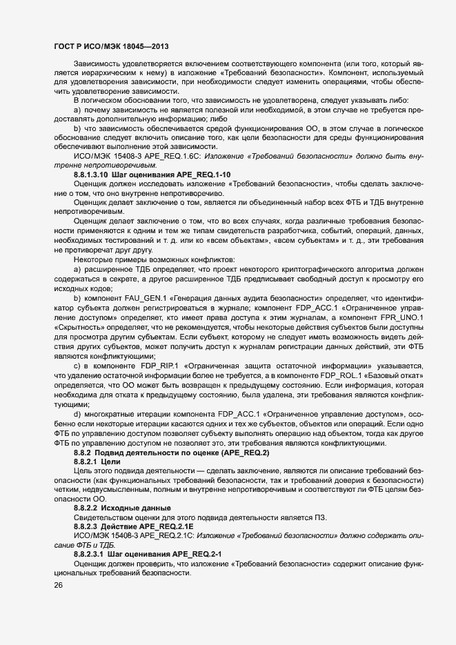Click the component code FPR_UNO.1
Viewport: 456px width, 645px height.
coord(402,317)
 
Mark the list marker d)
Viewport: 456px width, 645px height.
coord(77,413)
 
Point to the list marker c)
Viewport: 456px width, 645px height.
coord(77,364)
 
